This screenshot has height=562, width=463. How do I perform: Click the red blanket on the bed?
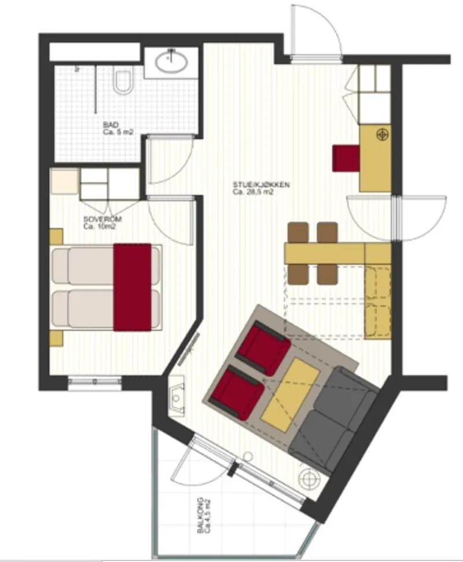(133, 286)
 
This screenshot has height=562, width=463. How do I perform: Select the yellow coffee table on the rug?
(291, 394)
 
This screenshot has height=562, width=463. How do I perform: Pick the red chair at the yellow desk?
(346, 157)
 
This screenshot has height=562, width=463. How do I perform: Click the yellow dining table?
(324, 253)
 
